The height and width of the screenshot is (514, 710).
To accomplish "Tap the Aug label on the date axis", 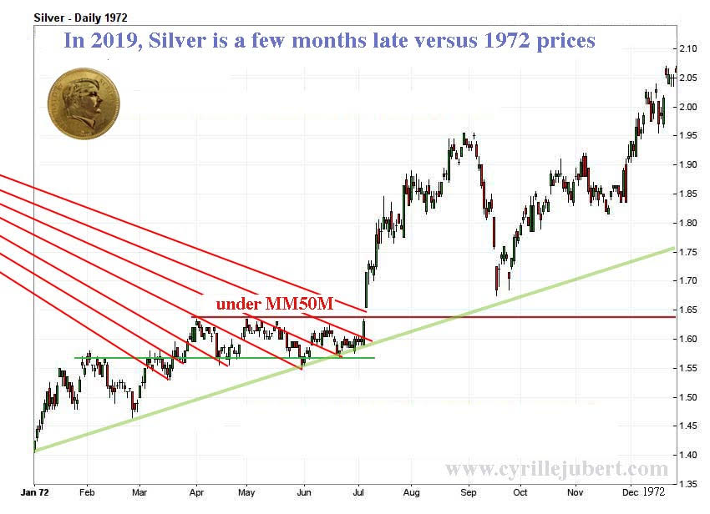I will click(413, 492).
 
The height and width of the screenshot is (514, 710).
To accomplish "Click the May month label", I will click(249, 492).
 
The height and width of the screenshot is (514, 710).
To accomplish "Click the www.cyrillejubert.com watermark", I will click(556, 469).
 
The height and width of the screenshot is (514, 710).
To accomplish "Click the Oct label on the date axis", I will click(520, 492).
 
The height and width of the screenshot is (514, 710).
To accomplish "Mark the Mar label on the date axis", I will click(139, 492).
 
